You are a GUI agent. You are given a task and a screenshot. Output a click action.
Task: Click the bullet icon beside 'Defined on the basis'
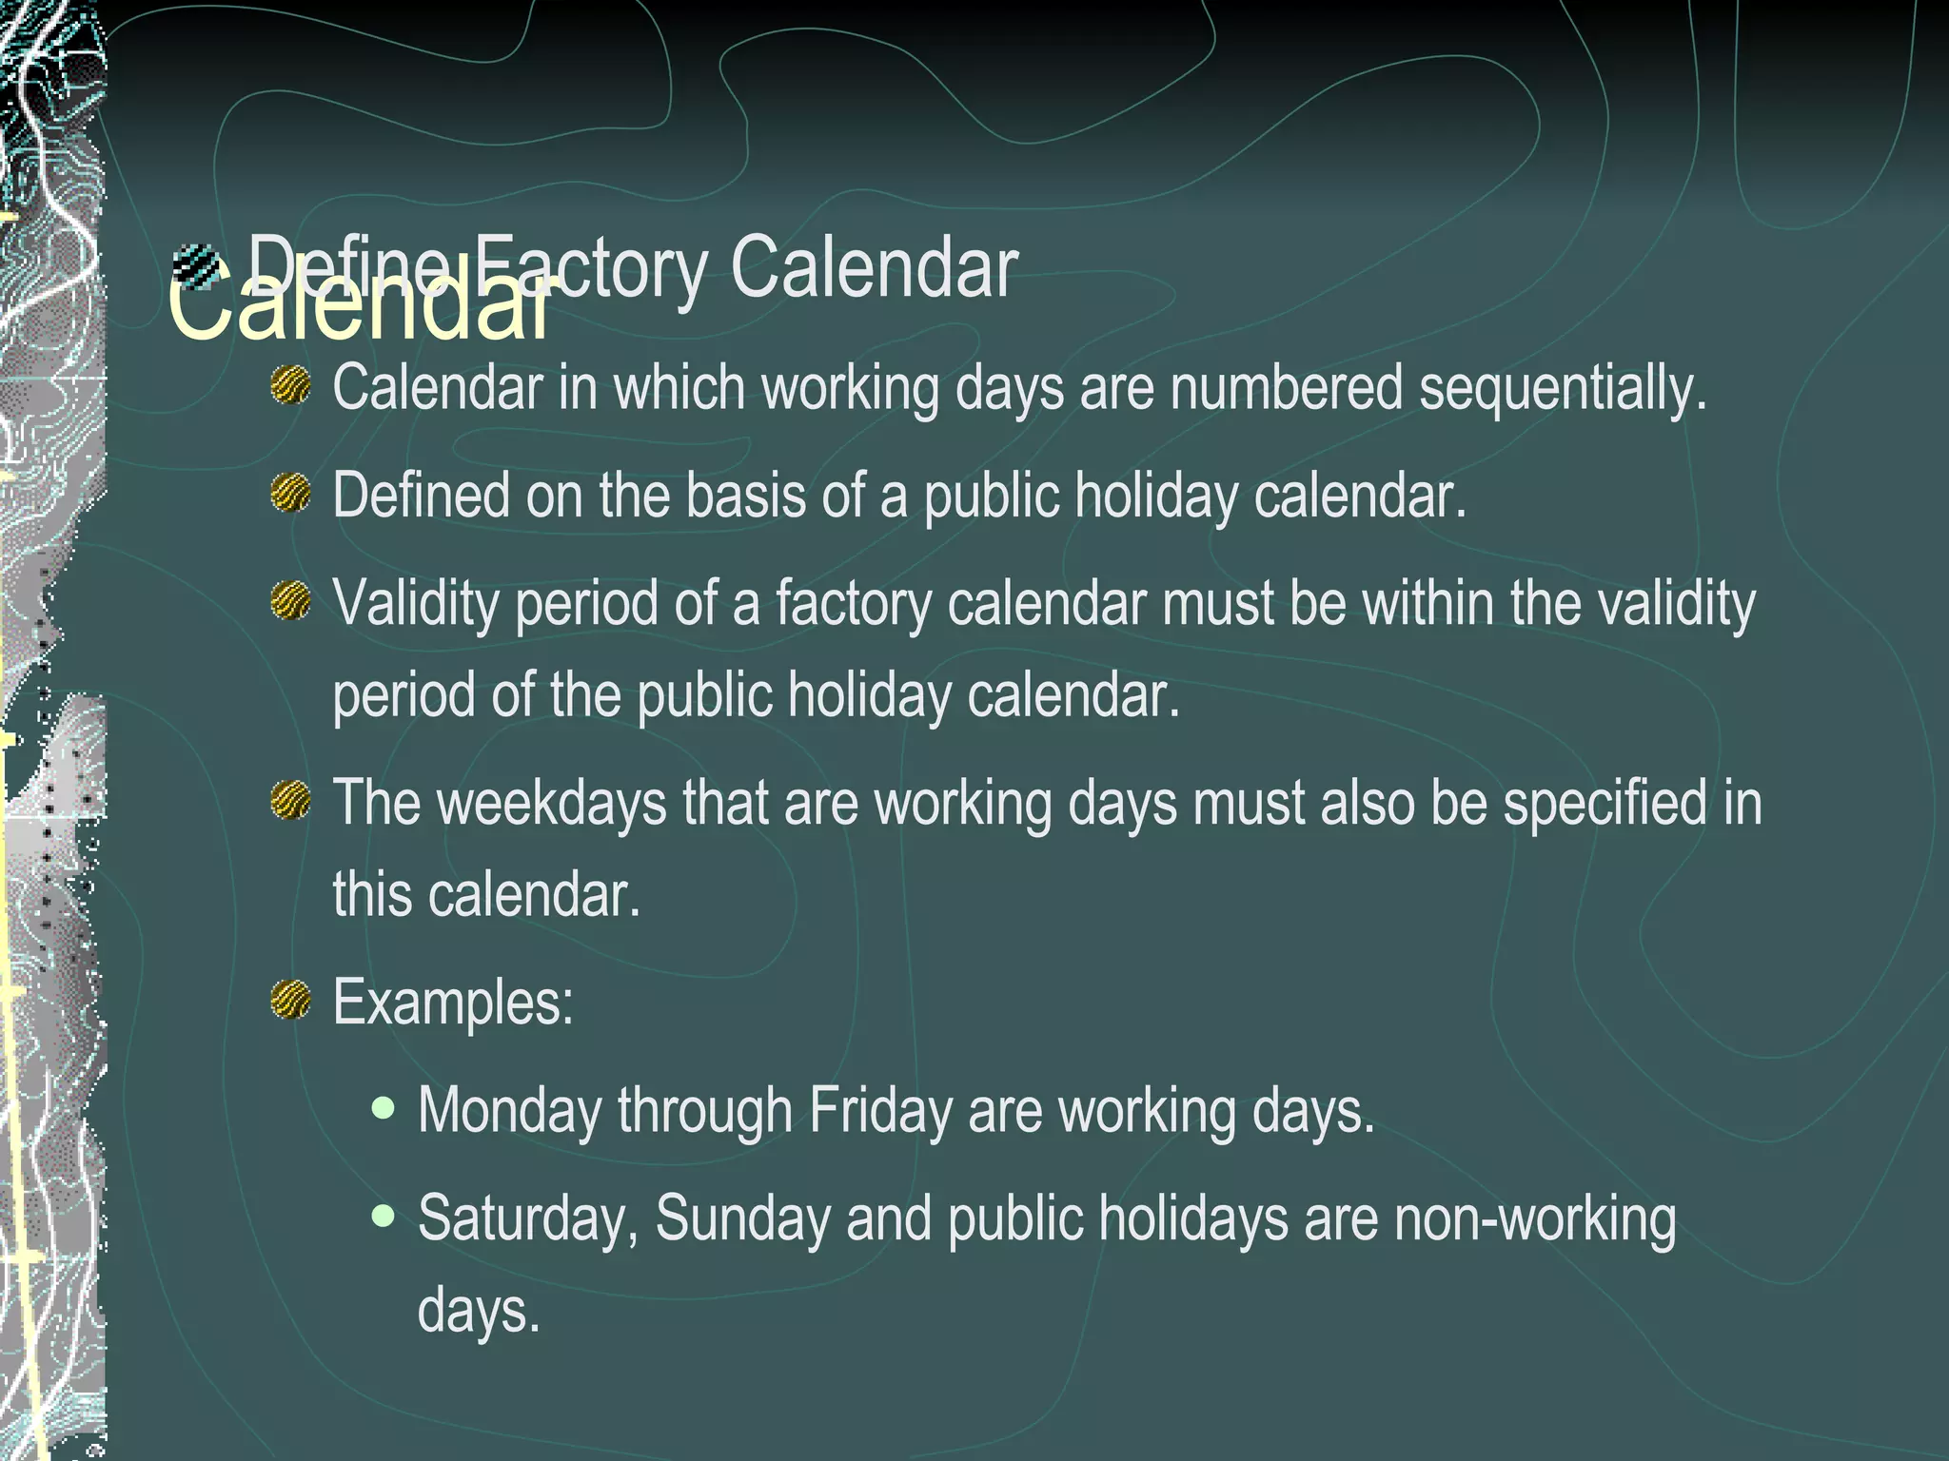[290, 494]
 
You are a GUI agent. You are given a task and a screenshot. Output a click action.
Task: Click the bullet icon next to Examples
[290, 1000]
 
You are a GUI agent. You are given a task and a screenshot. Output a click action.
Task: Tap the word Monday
[510, 1111]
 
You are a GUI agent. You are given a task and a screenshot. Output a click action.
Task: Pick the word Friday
[880, 1111]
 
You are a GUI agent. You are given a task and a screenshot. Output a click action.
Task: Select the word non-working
[1534, 1218]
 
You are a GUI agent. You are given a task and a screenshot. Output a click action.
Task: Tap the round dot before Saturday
[384, 1216]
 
